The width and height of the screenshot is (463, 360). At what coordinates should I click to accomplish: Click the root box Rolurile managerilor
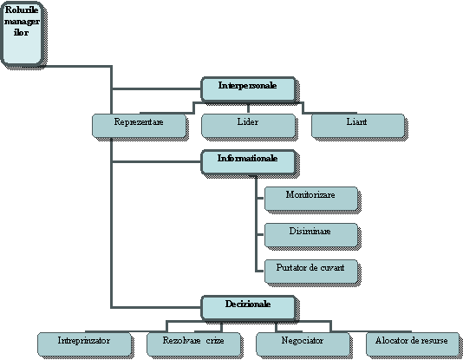coord(23,33)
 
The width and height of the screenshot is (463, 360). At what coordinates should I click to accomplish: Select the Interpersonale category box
coord(248,89)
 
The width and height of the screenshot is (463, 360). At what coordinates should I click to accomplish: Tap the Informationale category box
coord(248,162)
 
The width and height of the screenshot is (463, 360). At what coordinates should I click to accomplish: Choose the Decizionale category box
coord(248,308)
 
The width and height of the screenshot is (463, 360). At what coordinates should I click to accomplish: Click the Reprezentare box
coord(139,126)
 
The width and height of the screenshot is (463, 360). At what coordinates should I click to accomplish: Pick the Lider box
coord(248,126)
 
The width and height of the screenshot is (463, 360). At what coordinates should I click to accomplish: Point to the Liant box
coord(357,126)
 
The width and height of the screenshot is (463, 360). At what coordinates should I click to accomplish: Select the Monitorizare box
coord(311,199)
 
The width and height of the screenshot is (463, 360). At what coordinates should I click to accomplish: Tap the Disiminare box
coord(311,235)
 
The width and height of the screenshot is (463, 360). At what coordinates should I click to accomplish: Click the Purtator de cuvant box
coord(311,272)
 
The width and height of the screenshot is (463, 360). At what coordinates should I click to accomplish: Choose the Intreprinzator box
coord(84,344)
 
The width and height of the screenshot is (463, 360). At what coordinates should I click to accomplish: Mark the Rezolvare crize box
coord(193,344)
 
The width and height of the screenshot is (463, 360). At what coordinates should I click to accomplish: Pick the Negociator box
coord(303,344)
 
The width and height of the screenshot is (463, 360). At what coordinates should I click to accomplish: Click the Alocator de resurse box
coord(413,344)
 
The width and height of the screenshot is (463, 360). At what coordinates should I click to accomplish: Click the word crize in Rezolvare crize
coord(215,341)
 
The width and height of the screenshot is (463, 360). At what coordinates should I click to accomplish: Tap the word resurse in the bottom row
coord(435,341)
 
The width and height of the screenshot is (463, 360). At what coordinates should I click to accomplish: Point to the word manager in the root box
coord(23,22)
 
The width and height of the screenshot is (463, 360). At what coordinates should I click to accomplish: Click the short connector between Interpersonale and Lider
coord(248,108)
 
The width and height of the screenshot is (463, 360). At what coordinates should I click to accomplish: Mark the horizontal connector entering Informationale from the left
coord(156,162)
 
